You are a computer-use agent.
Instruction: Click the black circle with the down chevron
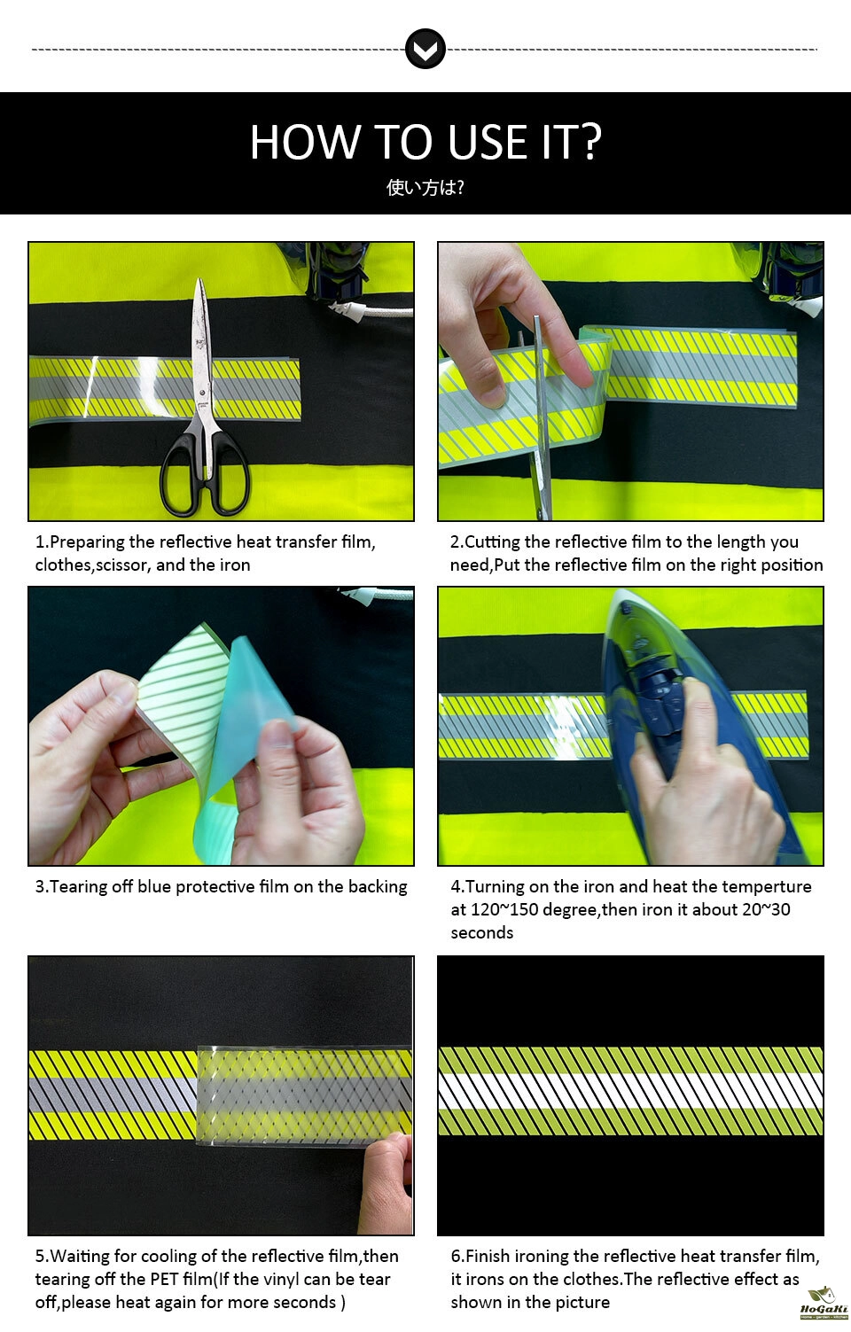click(x=425, y=49)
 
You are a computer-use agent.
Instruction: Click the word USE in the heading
click(x=487, y=142)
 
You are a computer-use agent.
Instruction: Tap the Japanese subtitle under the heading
click(x=425, y=187)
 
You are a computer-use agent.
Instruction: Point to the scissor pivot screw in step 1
click(x=203, y=393)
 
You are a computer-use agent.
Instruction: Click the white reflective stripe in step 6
click(x=630, y=1091)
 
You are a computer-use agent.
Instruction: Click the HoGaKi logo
click(x=824, y=1304)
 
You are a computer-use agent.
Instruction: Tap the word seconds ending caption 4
click(x=481, y=932)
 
